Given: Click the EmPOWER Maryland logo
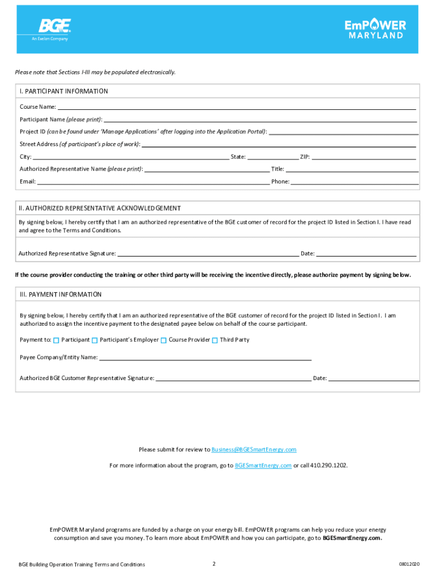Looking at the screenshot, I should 375,29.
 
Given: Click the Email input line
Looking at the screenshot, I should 153,182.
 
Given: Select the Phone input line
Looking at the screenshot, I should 354,182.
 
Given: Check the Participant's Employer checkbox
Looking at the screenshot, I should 95,340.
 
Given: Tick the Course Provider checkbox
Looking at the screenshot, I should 164,340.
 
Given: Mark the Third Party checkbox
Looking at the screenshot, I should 215,340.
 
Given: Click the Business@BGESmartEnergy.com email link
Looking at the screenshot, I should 254,450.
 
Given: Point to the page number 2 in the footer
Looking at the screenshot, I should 214,564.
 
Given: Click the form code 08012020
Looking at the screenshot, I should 409,565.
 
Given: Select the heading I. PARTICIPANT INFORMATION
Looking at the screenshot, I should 63,91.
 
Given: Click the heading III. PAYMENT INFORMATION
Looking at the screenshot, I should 61,295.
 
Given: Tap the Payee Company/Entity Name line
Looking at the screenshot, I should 205,358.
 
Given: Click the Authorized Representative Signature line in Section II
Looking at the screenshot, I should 208,254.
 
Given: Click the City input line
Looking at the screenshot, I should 131,157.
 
